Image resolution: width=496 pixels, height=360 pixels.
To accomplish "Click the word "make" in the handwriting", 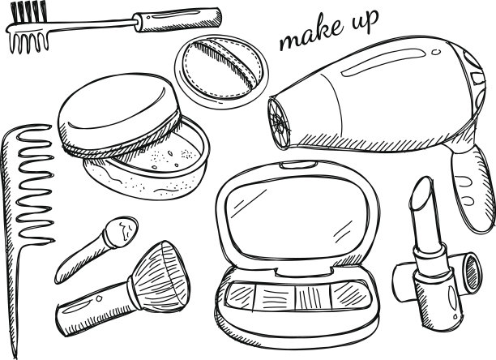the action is tap(311, 32).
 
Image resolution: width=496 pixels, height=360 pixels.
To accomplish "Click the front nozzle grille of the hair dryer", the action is tap(279, 122).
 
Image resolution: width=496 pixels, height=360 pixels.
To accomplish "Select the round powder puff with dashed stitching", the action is tap(221, 72).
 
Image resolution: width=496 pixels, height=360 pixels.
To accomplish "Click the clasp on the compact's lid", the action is tap(298, 165).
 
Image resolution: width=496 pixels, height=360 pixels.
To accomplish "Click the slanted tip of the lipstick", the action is tap(421, 194).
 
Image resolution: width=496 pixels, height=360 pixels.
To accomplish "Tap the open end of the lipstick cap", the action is tap(472, 272).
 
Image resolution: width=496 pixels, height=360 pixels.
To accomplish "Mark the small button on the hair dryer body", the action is tap(437, 52).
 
